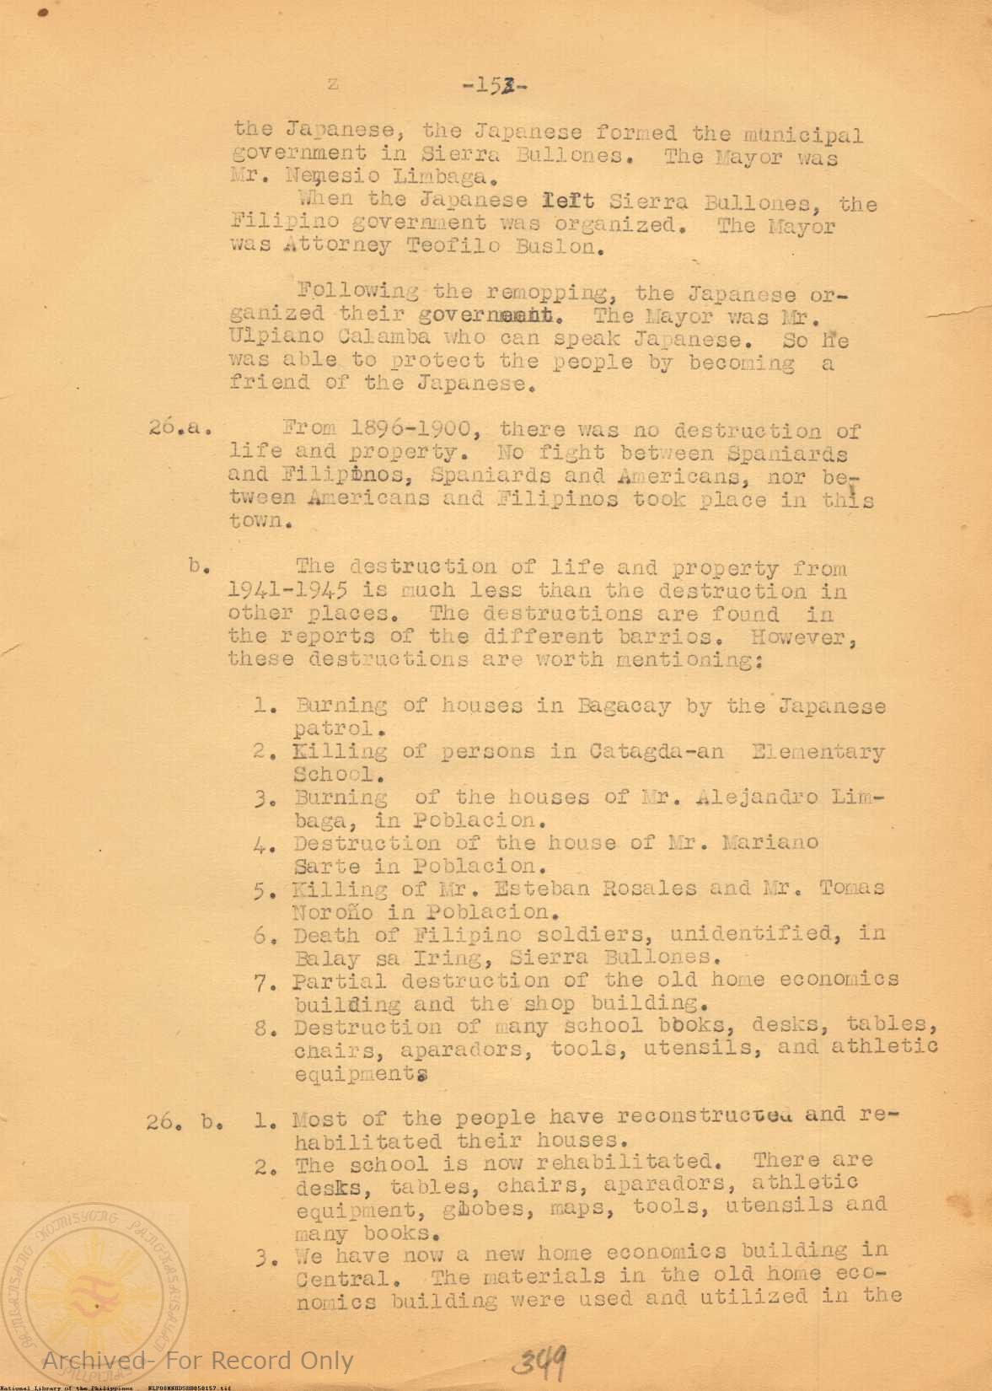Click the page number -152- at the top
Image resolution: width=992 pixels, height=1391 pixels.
point(495,85)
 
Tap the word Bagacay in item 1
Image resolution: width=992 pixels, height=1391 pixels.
point(624,706)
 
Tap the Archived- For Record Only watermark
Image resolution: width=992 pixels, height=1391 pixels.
point(198,1360)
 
